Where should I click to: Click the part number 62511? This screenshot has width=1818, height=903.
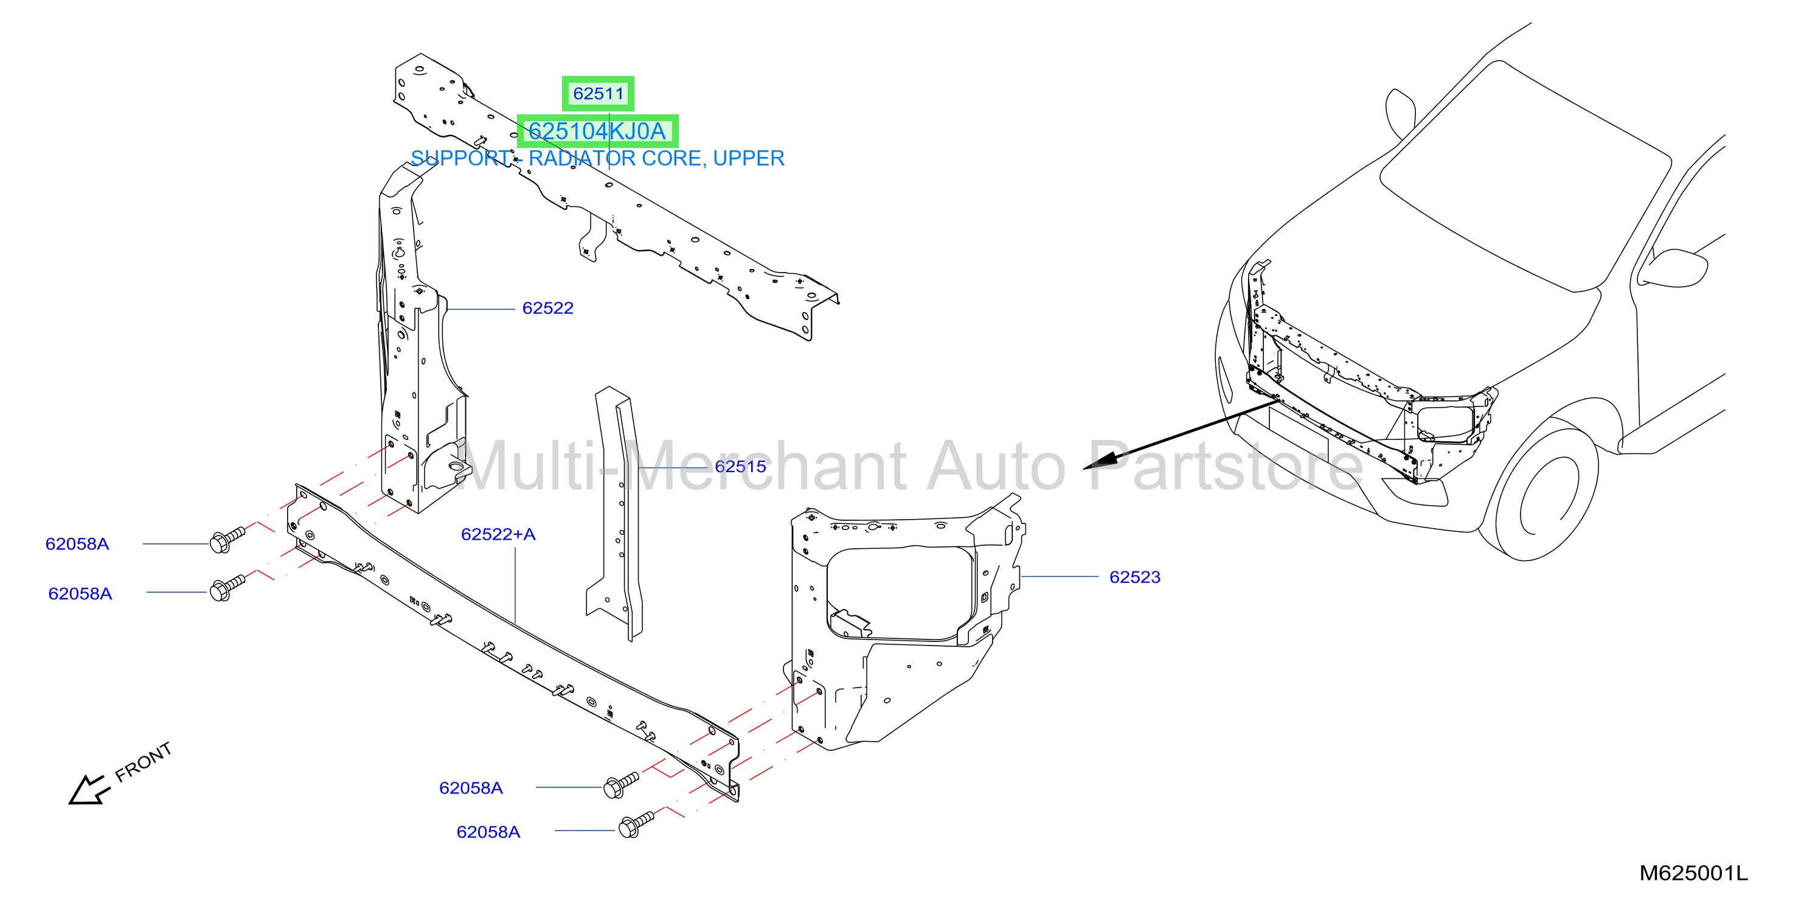coord(598,94)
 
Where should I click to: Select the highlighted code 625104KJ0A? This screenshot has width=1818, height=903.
coord(597,131)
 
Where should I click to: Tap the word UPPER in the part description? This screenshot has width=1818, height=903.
coord(748,158)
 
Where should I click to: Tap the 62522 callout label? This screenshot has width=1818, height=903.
coord(547,308)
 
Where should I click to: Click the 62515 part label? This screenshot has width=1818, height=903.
coord(740,466)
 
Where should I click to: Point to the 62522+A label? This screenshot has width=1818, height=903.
coord(498,534)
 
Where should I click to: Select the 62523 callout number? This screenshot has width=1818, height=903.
coord(1135,577)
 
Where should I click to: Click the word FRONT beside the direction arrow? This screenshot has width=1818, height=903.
coord(144,762)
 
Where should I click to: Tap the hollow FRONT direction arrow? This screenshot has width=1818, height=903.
coord(88,789)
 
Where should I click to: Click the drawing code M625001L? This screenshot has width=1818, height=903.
coord(1694,873)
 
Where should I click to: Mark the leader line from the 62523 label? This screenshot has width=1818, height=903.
coord(1060,577)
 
